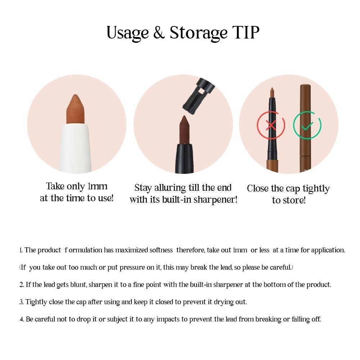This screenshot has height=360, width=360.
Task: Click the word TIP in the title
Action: (x=246, y=32)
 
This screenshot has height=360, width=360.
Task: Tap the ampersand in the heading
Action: (x=159, y=32)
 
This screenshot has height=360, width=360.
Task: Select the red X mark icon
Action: (x=271, y=125)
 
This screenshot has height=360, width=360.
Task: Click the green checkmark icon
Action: (x=307, y=125)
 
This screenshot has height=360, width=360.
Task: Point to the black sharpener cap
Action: (x=198, y=96)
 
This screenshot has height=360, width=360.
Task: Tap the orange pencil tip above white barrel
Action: (x=76, y=109)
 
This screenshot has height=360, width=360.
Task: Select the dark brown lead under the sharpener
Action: (x=184, y=129)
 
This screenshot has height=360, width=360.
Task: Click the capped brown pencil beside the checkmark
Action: (x=305, y=129)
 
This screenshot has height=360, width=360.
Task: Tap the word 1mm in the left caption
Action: (x=98, y=186)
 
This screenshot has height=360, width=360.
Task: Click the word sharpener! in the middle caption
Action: (x=215, y=200)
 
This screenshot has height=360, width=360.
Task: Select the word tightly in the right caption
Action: (x=316, y=189)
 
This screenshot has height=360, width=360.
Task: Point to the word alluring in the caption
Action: (x=170, y=188)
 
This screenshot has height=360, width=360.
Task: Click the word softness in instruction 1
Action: (x=161, y=250)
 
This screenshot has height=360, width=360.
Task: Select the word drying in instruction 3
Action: (x=221, y=302)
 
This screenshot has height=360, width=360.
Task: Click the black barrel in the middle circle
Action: (x=184, y=158)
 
